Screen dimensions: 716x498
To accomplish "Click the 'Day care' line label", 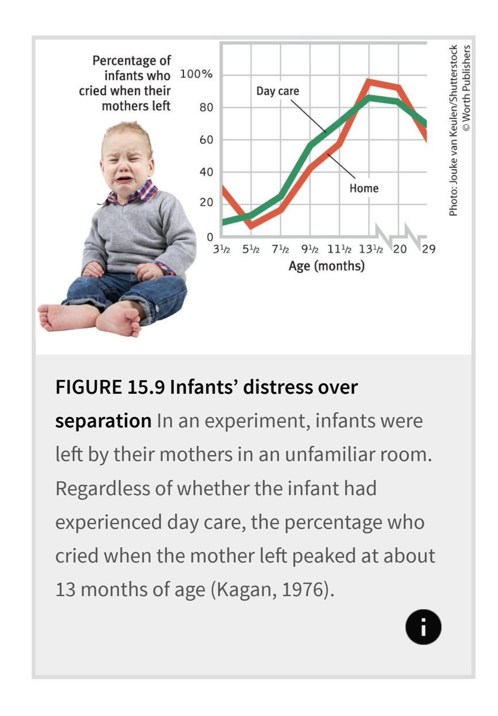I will [x=278, y=91].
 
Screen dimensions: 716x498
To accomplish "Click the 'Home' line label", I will [x=364, y=188].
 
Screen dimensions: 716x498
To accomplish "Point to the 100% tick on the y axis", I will [x=196, y=74].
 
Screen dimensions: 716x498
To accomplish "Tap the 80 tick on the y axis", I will [x=206, y=107].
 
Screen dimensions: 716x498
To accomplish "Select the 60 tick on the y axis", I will [x=206, y=140].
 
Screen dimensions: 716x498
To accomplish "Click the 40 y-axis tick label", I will [x=206, y=172].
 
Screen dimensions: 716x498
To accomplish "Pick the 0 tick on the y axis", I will [x=210, y=237].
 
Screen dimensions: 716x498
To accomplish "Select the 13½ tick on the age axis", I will [x=371, y=249].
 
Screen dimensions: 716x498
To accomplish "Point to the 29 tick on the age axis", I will [x=428, y=249].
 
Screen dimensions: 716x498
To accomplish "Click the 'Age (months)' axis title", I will [x=326, y=266].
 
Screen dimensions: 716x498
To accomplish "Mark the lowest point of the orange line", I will [x=251, y=225].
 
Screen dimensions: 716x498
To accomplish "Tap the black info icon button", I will [x=423, y=627].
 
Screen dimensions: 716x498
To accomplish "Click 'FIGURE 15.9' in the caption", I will [x=110, y=387].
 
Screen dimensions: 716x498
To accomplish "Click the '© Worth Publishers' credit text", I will [x=467, y=88].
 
